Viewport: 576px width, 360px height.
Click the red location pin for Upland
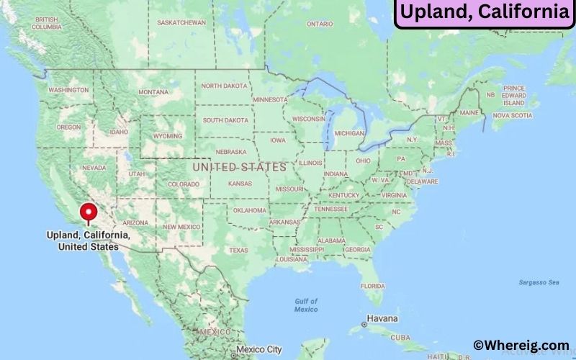point(89,212)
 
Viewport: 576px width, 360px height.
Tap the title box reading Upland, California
point(484,12)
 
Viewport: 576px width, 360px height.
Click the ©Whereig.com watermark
point(521,346)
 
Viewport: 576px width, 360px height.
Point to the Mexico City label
point(259,349)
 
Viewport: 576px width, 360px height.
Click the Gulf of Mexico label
point(306,305)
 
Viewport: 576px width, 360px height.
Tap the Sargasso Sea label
point(539,282)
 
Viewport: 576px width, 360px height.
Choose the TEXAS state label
point(238,251)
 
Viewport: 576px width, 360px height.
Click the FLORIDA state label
point(373,286)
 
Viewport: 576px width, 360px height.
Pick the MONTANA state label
point(153,92)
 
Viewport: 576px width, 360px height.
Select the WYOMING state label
point(168,135)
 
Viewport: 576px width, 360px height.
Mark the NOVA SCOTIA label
point(512,115)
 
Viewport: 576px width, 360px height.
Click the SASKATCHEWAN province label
point(181,22)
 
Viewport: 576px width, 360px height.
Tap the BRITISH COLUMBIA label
point(45,23)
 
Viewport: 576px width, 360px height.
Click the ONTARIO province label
point(320,24)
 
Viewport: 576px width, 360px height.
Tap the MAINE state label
point(469,113)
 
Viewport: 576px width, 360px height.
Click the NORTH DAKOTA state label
point(224,86)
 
